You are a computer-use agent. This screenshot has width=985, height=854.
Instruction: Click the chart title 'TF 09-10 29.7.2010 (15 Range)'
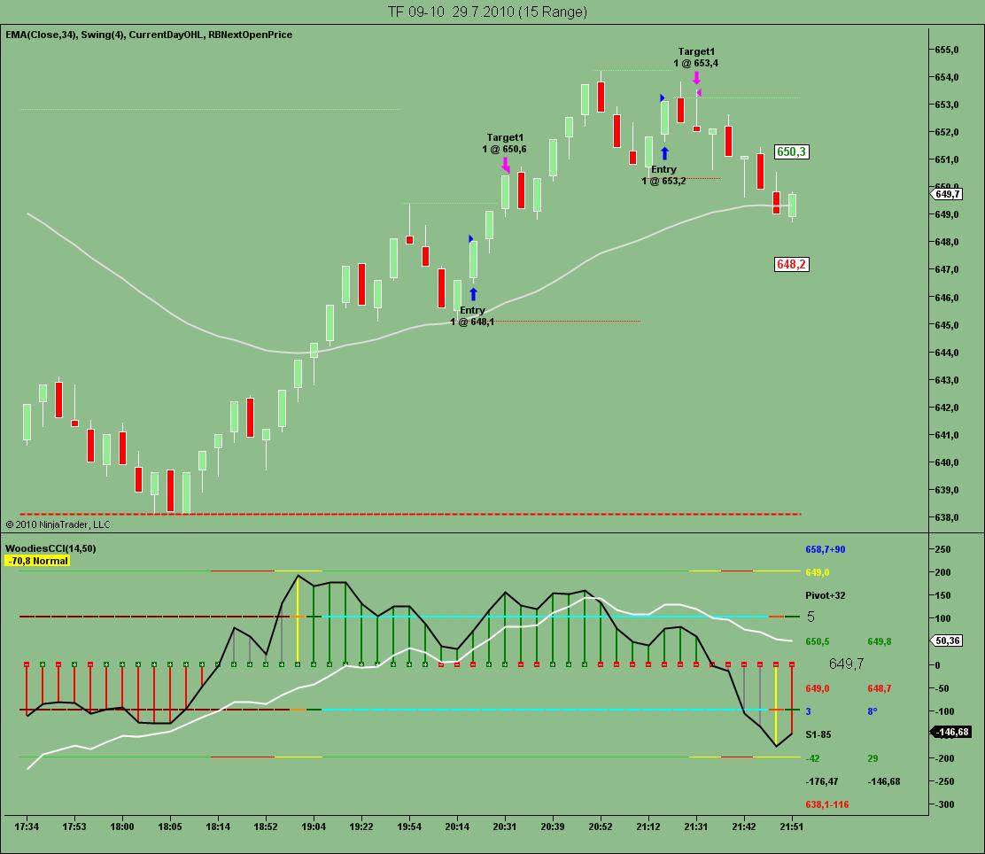[487, 12]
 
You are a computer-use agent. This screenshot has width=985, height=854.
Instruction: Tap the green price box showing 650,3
[791, 152]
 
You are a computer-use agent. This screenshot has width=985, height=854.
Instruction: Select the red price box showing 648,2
[791, 264]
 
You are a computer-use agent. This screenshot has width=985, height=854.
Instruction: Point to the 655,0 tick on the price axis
[947, 50]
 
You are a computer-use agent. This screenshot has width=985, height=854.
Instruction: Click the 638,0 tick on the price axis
[947, 517]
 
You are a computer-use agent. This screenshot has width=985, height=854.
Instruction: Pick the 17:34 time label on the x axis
[27, 827]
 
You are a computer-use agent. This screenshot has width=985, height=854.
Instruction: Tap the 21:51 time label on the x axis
[792, 827]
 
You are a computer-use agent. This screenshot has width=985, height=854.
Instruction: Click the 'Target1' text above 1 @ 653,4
[696, 51]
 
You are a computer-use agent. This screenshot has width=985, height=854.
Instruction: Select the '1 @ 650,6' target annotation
[504, 149]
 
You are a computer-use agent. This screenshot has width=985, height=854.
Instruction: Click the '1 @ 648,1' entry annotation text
[472, 322]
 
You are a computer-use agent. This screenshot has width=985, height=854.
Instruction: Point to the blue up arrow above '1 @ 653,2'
[664, 153]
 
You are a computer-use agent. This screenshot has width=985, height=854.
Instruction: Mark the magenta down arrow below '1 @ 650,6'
[506, 164]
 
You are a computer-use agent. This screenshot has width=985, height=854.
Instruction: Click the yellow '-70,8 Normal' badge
[37, 561]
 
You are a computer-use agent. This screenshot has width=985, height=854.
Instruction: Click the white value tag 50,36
[948, 640]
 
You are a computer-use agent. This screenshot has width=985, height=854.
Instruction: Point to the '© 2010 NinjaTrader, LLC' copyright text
[58, 524]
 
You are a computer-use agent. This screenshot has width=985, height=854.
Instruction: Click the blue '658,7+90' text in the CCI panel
[830, 549]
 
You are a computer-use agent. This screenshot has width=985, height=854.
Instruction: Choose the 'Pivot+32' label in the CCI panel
[825, 595]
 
